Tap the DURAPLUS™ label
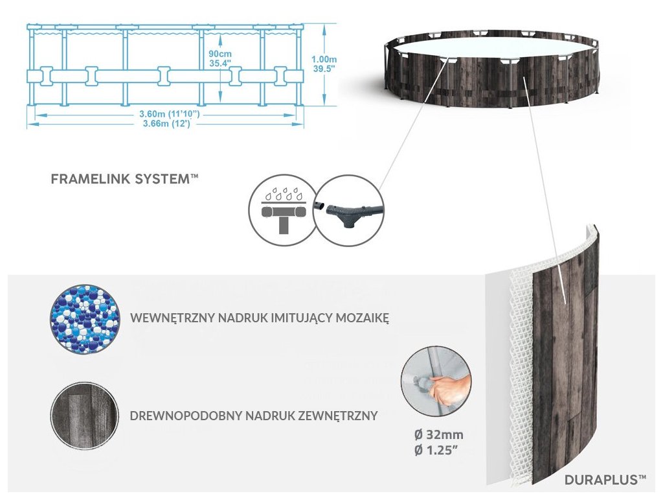coord(605,480)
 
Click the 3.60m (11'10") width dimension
coord(168,114)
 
